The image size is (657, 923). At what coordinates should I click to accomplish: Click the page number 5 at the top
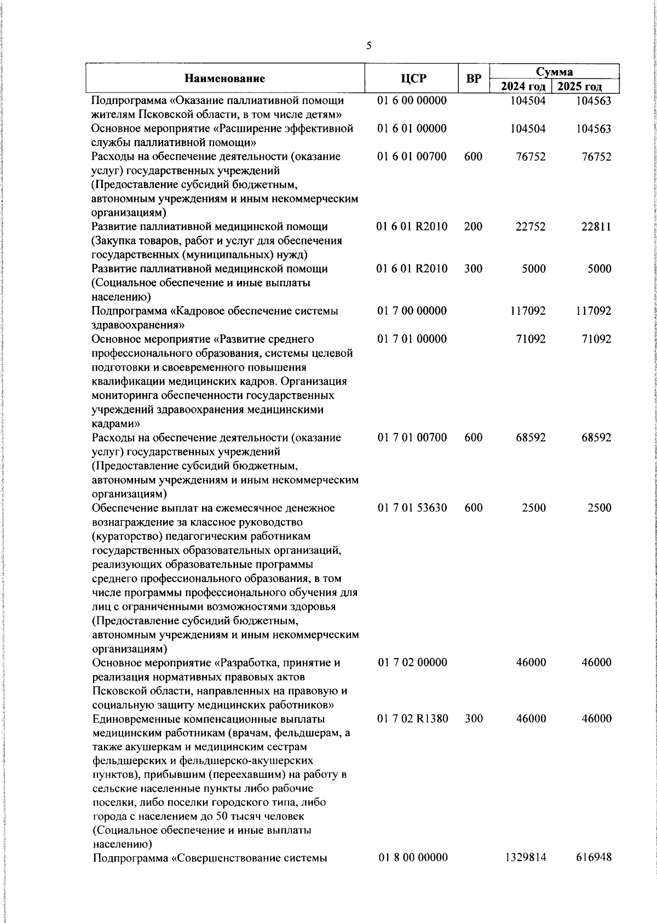(368, 46)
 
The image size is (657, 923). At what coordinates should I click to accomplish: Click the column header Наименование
(224, 79)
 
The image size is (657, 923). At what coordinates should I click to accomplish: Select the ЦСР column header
(411, 79)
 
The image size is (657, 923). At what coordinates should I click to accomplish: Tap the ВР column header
(474, 79)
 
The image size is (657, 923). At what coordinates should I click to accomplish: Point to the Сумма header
(554, 72)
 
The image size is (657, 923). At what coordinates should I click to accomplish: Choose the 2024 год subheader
(523, 86)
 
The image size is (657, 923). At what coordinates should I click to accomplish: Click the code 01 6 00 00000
(412, 101)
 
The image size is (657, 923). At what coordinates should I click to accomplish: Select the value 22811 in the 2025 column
(596, 227)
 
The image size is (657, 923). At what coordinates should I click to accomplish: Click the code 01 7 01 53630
(412, 507)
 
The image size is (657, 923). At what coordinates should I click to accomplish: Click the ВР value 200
(473, 227)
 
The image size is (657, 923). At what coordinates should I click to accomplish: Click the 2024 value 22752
(531, 227)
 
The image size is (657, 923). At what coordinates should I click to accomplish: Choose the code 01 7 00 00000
(412, 311)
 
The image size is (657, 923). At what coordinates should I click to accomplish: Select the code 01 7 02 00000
(412, 662)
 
